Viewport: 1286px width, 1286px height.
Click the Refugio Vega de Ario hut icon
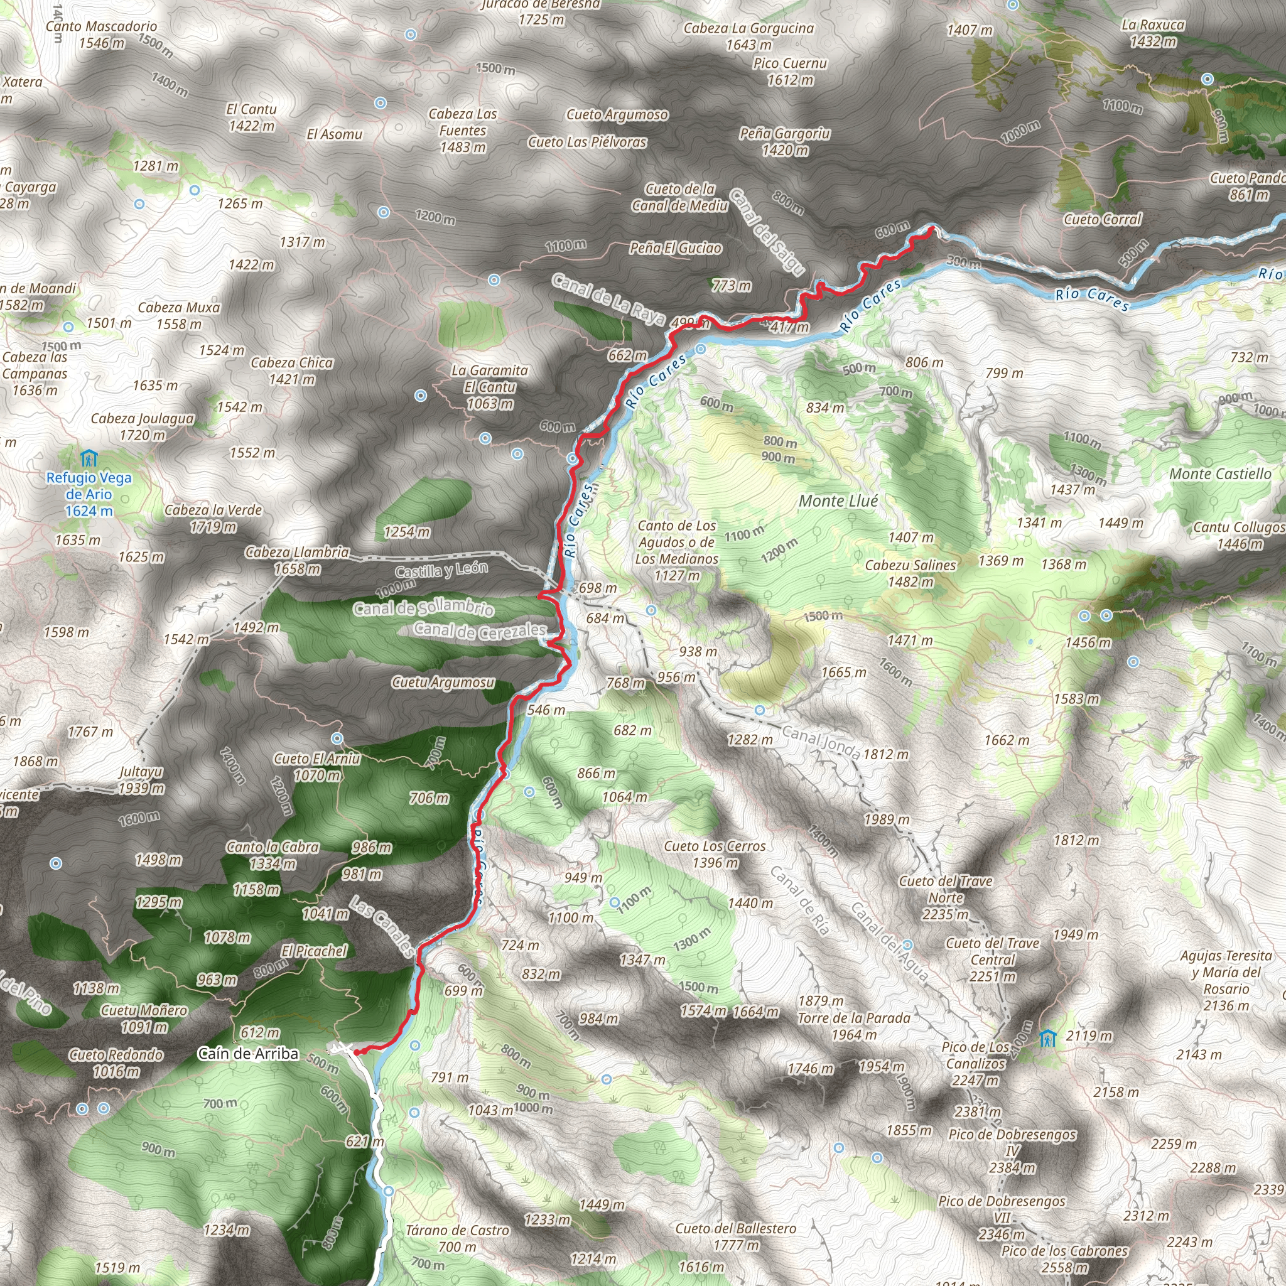click(x=89, y=458)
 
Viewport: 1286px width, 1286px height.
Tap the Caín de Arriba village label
click(x=248, y=1054)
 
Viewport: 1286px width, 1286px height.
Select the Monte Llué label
click(x=838, y=501)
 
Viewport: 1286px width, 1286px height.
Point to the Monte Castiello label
click(x=1220, y=474)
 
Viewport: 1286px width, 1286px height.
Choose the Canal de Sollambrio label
click(x=423, y=607)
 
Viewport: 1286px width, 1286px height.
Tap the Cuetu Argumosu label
click(x=443, y=683)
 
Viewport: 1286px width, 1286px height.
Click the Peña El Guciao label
click(x=676, y=248)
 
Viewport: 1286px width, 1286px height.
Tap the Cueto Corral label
click(x=1102, y=220)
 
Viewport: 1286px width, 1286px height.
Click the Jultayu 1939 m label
click(x=141, y=780)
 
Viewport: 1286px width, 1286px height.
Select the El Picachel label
click(x=313, y=951)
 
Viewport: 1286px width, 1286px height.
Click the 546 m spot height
click(x=546, y=710)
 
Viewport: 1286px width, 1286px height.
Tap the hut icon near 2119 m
click(x=1047, y=1038)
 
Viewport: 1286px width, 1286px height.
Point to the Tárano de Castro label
click(x=457, y=1238)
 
